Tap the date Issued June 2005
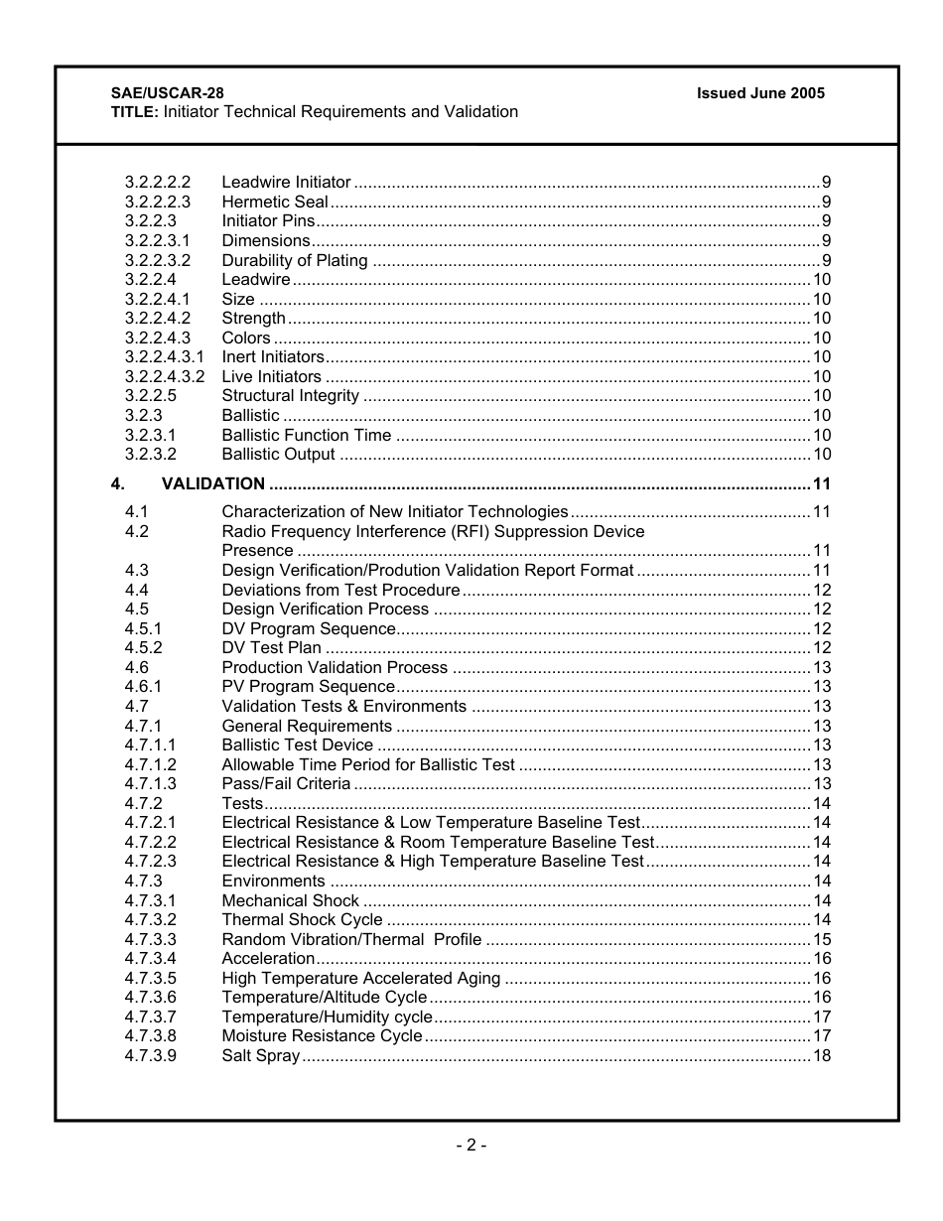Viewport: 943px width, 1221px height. [760, 93]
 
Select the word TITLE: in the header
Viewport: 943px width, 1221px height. [135, 112]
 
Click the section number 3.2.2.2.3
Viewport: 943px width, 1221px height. [158, 203]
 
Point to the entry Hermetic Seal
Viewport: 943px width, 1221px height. [275, 203]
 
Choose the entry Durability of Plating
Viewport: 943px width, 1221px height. [295, 261]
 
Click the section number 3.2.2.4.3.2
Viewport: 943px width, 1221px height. [165, 377]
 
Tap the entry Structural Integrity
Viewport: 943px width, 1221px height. [291, 396]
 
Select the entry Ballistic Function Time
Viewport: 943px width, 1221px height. [307, 435]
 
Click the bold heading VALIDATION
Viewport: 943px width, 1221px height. [213, 484]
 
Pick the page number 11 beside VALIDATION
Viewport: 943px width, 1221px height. [821, 484]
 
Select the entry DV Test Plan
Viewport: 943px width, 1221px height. [272, 648]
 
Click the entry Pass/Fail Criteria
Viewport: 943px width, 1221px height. [286, 784]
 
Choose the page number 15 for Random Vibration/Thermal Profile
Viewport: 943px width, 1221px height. [822, 939]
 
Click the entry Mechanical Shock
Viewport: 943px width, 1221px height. [291, 900]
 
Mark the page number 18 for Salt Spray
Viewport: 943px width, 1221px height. [822, 1056]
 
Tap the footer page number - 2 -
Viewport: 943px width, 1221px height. [471, 1146]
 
